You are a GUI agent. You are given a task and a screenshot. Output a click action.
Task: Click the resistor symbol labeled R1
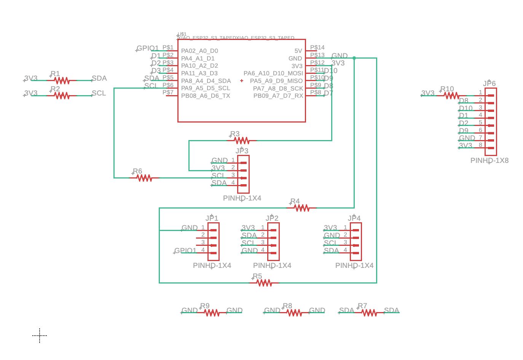[x=62, y=81]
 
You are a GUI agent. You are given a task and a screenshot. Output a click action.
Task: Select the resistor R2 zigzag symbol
[x=62, y=96]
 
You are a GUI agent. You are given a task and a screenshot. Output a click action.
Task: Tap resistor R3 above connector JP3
[x=242, y=140]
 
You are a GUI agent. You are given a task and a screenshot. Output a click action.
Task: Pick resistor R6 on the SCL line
[x=144, y=178]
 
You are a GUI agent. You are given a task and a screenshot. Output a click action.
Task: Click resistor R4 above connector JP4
[x=301, y=208]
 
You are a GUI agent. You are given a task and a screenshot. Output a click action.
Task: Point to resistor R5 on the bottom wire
[x=264, y=283]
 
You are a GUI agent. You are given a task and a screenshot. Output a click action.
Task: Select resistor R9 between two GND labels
[x=212, y=313]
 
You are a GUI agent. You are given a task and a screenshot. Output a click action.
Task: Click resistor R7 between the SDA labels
[x=369, y=313]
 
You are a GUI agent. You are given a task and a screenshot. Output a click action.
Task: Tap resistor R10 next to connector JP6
[x=451, y=96]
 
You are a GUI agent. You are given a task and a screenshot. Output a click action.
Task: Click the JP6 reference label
[x=489, y=83]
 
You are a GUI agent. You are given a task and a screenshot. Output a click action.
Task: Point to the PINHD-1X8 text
[x=489, y=161]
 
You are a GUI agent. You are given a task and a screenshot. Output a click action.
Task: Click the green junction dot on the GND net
[x=354, y=58]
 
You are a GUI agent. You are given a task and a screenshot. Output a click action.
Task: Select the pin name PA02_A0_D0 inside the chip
[x=199, y=51]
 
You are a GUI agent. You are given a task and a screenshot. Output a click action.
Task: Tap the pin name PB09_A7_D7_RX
[x=278, y=96]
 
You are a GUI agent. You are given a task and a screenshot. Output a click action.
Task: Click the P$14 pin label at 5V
[x=317, y=48]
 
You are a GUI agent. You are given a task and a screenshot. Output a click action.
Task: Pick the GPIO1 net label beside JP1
[x=185, y=250]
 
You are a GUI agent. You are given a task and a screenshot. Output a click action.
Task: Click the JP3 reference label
[x=242, y=151]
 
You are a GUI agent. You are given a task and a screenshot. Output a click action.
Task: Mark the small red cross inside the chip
[x=242, y=81]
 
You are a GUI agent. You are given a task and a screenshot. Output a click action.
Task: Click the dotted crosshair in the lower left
[x=40, y=335]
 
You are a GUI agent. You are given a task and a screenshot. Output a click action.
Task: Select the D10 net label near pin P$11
[x=330, y=70]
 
